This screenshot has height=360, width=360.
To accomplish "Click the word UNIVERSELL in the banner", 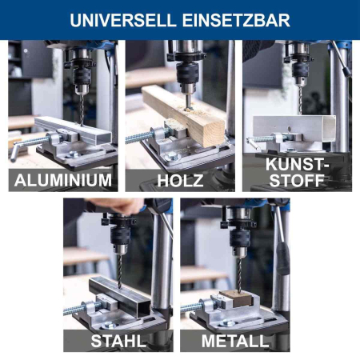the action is click(123, 20).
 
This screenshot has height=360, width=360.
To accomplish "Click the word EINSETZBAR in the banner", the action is click(236, 20).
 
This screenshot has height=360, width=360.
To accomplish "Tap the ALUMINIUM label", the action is click(63, 180).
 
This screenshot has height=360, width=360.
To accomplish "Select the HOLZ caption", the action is click(180, 181).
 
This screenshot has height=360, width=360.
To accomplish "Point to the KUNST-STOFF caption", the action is click(298, 172).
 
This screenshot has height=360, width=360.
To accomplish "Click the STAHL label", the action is click(118, 341).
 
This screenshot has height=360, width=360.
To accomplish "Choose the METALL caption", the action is click(235, 341).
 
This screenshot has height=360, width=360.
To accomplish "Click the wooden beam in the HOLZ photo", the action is click(184, 114).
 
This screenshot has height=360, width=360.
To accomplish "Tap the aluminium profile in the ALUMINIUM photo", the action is click(73, 130).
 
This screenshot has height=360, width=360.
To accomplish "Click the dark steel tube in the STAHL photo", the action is click(120, 296).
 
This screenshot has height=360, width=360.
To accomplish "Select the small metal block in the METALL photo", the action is click(236, 298).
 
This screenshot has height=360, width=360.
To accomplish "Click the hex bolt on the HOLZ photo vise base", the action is click(173, 156).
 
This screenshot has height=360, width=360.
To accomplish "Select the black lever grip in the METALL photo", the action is click(282, 258).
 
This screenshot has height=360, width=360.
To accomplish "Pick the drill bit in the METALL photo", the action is click(239, 274).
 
